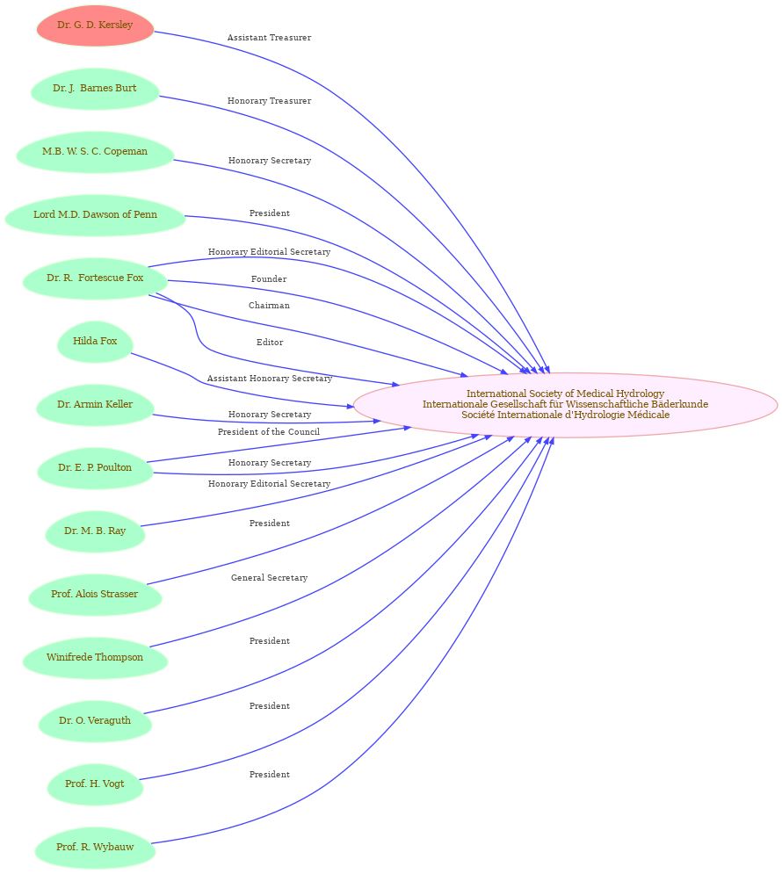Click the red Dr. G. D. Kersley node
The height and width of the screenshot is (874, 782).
(x=95, y=25)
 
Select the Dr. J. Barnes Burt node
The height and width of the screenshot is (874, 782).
(x=95, y=89)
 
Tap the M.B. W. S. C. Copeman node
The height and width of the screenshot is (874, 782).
(x=95, y=152)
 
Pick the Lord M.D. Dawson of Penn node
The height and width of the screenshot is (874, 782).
(x=95, y=215)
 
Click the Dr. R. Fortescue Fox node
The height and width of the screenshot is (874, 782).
(x=95, y=278)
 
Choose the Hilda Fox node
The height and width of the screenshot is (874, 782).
(x=95, y=342)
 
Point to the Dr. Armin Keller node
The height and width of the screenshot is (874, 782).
(x=95, y=405)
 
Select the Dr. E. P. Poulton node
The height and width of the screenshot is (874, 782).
(x=95, y=468)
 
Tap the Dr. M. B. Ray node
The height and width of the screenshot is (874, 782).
(x=95, y=531)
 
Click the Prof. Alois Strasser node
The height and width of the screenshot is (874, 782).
(x=95, y=595)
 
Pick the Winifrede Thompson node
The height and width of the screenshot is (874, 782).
(x=95, y=658)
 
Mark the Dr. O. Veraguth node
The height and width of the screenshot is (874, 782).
(x=95, y=720)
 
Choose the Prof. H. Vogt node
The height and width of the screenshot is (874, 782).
(x=95, y=784)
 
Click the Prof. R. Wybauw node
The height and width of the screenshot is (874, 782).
(x=95, y=848)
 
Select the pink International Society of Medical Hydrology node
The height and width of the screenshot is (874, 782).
(x=565, y=405)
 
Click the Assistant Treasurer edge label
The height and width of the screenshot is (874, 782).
(x=269, y=38)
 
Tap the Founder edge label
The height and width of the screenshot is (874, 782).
(x=269, y=279)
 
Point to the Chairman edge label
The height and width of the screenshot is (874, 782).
(x=269, y=306)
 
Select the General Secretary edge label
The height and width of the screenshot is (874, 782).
(x=269, y=578)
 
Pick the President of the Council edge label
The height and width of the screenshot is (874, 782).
(x=269, y=432)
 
